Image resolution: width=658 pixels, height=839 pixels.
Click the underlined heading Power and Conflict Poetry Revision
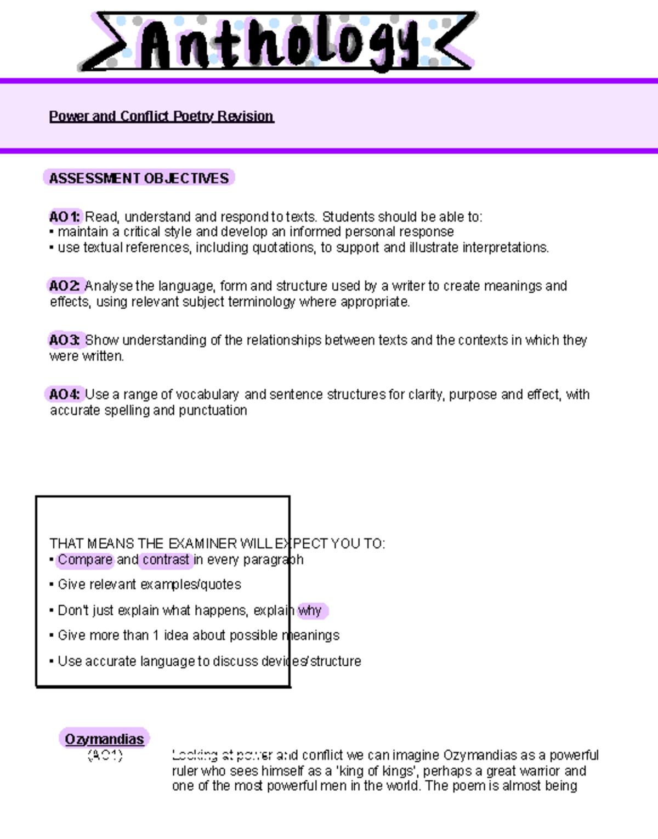click(x=161, y=116)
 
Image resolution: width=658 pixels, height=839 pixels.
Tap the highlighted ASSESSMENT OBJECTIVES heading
click(x=139, y=178)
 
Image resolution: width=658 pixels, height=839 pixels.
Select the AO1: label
click(x=65, y=217)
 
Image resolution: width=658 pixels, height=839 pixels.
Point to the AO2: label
click(x=65, y=286)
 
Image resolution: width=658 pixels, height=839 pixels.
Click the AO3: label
click(x=65, y=340)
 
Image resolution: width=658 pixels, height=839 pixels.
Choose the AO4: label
click(x=65, y=394)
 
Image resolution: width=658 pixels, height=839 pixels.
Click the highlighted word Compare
click(x=85, y=560)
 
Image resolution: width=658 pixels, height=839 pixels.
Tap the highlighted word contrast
click(x=166, y=560)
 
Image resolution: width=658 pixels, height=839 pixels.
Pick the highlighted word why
click(x=310, y=610)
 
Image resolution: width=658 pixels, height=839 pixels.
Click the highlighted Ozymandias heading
click(x=104, y=739)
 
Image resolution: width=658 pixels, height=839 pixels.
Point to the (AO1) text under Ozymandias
click(x=105, y=756)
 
